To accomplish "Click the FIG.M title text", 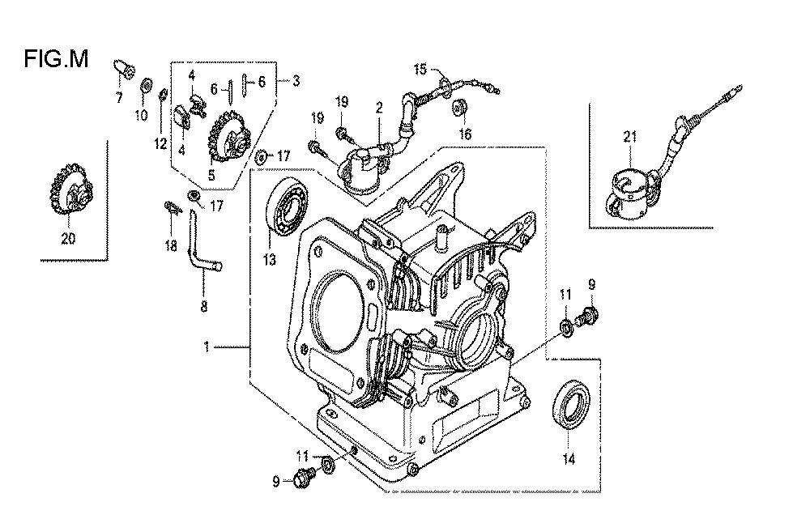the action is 56,59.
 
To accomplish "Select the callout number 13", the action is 270,260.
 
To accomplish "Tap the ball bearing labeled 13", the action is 286,207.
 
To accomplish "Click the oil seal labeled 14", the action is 571,406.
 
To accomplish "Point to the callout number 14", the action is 569,458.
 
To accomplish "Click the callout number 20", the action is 68,238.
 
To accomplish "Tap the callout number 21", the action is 629,137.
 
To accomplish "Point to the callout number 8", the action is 203,306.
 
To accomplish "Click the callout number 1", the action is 207,347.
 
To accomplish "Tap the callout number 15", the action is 420,69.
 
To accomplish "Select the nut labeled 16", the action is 459,108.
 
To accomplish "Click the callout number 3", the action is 296,80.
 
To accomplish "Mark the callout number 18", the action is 170,245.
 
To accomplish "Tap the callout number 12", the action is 160,143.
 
